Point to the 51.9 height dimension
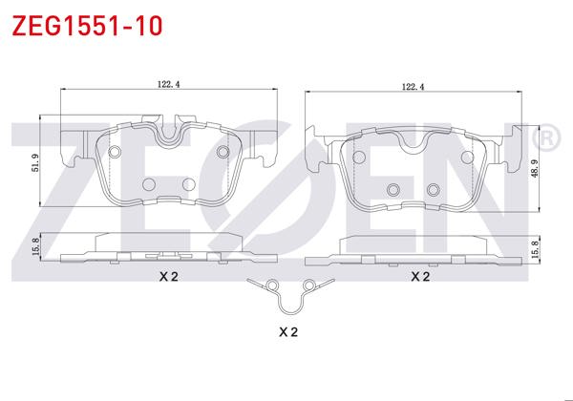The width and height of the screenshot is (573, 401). [x=35, y=163]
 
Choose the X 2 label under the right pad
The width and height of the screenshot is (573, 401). [x=419, y=276]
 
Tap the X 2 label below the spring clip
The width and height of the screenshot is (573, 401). [x=288, y=332]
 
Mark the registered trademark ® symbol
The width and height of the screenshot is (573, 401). [x=545, y=139]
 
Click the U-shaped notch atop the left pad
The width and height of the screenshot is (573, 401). [x=172, y=131]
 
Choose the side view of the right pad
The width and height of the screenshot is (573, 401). [x=415, y=251]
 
